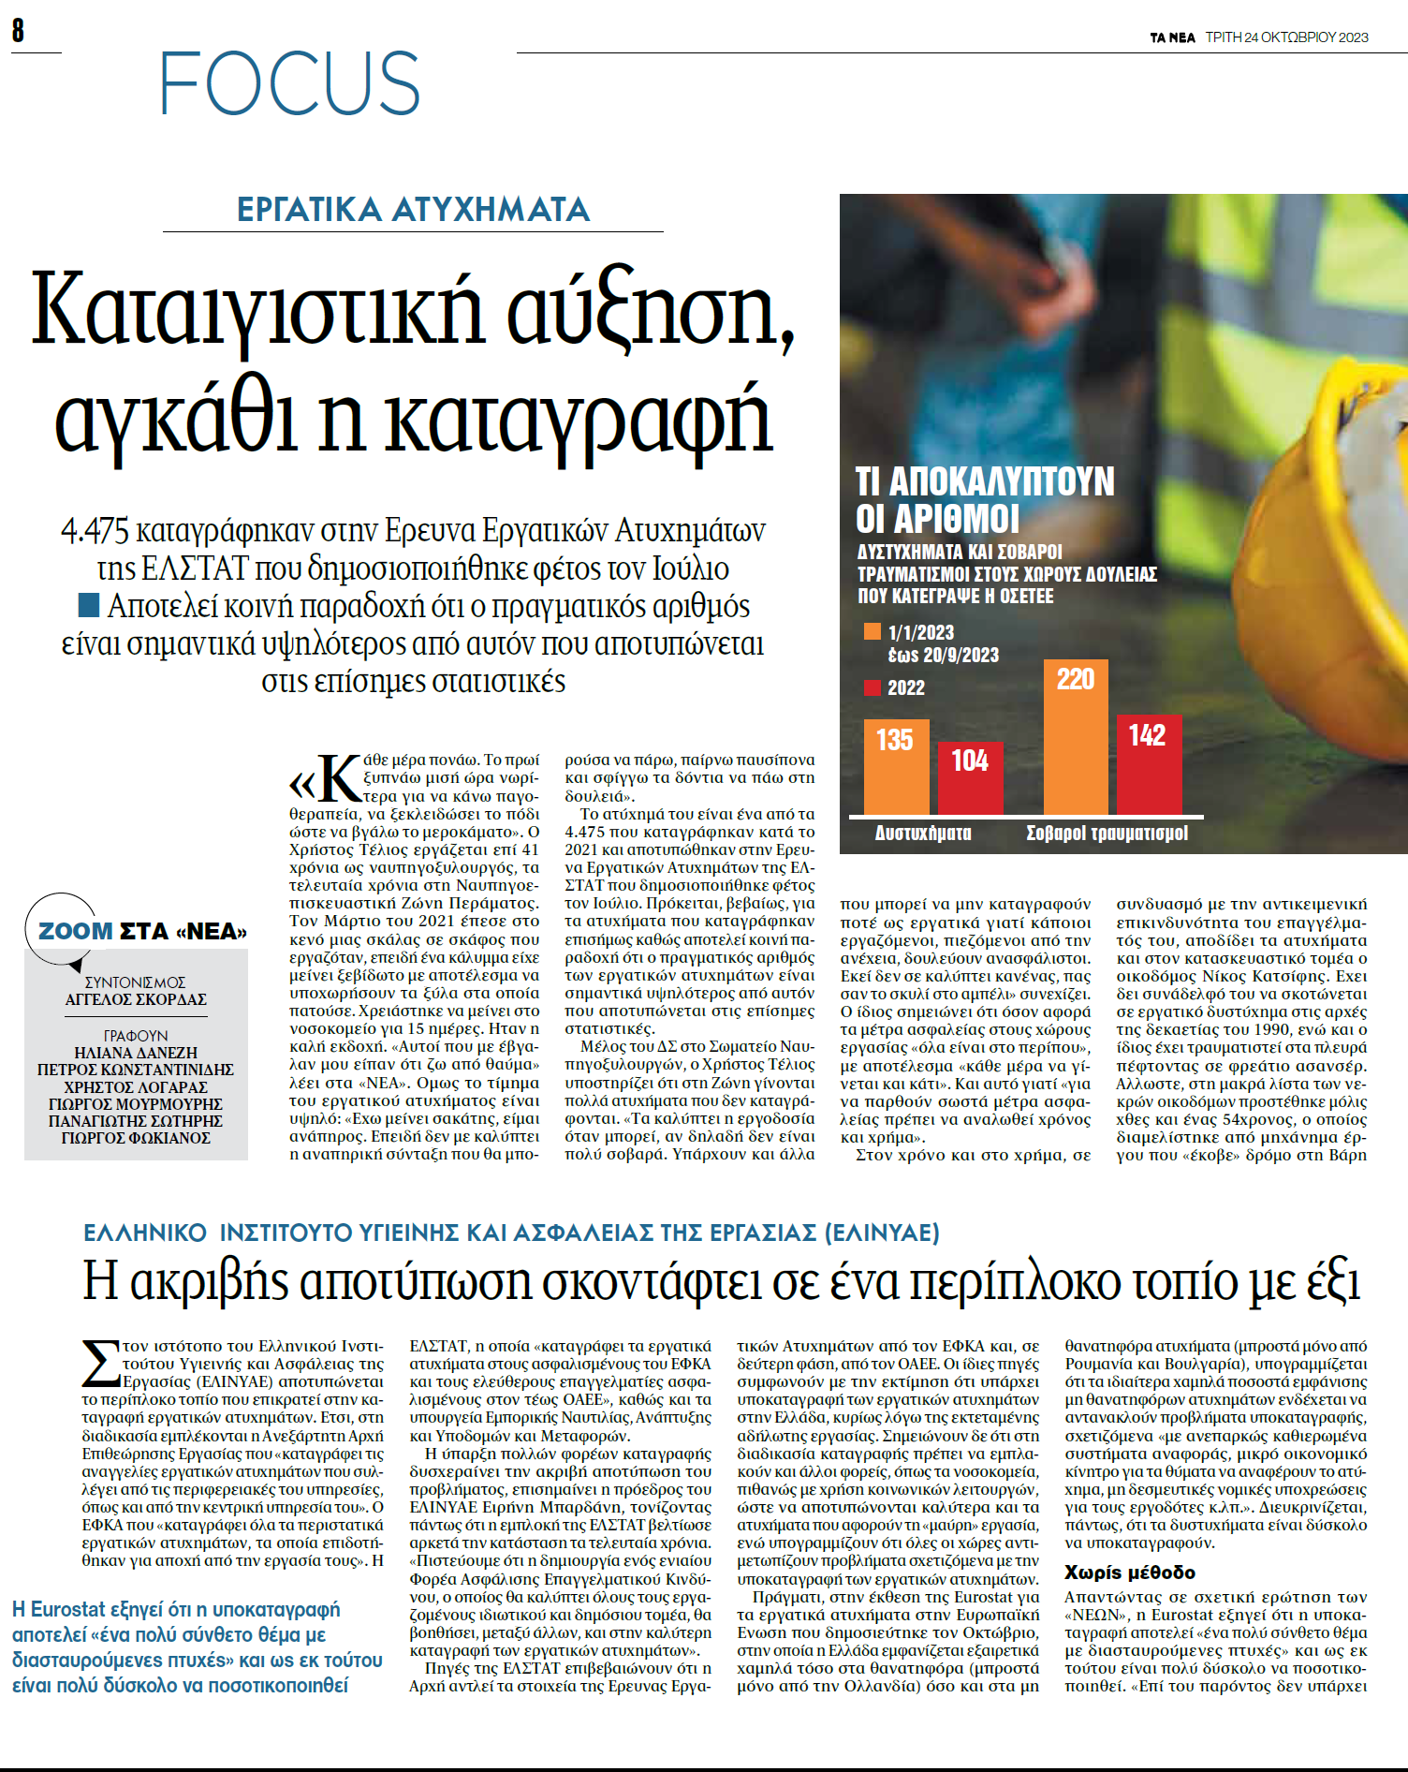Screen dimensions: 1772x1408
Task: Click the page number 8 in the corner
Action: point(18,31)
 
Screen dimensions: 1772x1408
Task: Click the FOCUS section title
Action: point(289,83)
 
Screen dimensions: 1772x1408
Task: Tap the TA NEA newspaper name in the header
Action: point(1172,37)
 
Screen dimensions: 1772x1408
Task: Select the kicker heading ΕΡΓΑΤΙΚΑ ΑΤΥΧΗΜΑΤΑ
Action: point(413,209)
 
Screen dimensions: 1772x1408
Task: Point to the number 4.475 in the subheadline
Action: point(95,531)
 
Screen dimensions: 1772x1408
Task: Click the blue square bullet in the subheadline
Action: point(89,605)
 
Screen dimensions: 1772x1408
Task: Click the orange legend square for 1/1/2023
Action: point(873,632)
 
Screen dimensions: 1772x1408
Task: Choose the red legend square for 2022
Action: point(873,688)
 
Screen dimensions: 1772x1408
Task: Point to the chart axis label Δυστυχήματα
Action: point(922,833)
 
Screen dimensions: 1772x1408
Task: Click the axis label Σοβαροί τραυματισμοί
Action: point(1107,833)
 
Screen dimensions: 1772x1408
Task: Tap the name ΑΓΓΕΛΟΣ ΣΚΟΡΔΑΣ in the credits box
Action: point(136,999)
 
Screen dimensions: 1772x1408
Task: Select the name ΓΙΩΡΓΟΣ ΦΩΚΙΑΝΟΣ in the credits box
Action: point(136,1138)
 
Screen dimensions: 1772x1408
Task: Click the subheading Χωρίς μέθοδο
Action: point(1129,1573)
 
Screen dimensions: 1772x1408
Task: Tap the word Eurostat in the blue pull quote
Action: point(68,1609)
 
